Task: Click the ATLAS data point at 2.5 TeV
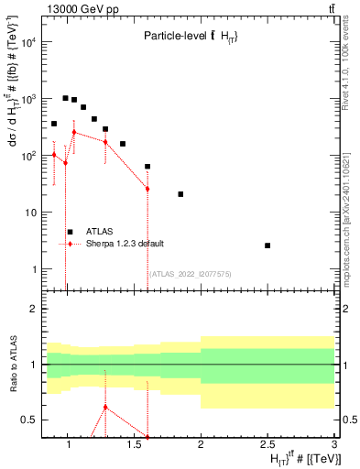coord(267,245)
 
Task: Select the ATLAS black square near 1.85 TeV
coord(180,194)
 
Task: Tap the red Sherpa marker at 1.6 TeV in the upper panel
coord(147,189)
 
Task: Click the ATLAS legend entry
coord(99,232)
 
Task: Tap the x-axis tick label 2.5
coord(267,445)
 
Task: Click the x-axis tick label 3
coord(333,445)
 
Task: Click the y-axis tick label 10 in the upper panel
coord(29,213)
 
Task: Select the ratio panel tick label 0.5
coord(27,420)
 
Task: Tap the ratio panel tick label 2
coord(32,309)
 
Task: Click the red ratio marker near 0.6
coord(105,407)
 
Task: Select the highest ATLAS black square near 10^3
coord(65,98)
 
